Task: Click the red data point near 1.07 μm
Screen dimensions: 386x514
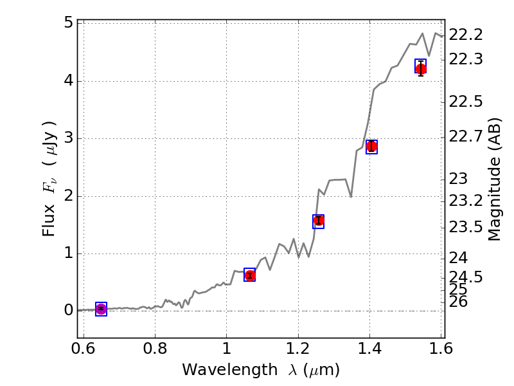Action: pos(250,275)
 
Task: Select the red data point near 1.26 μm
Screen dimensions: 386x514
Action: pos(318,221)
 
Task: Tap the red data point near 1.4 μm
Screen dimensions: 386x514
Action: pos(371,146)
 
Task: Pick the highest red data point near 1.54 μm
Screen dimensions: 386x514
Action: pos(421,69)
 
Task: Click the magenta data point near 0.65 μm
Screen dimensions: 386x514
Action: pos(101,309)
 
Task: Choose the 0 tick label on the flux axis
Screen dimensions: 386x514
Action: pos(67,311)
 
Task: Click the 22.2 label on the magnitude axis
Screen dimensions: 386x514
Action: pos(465,35)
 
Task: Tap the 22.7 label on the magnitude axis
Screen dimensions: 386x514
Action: pos(465,136)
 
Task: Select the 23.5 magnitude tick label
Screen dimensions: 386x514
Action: pos(465,227)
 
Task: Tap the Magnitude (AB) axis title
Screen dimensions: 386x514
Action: pos(494,179)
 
